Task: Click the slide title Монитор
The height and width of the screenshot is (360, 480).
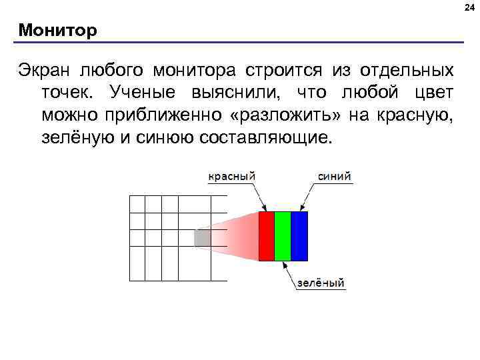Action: tap(58, 31)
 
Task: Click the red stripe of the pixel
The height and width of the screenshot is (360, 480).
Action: tap(266, 236)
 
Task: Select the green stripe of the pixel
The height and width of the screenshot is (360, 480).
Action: tap(283, 236)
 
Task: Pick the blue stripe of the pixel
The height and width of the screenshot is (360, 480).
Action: tap(299, 236)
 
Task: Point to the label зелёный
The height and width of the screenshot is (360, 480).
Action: tap(321, 283)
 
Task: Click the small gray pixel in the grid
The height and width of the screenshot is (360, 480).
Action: tap(203, 237)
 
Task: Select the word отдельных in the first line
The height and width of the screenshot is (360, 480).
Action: tap(408, 71)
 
